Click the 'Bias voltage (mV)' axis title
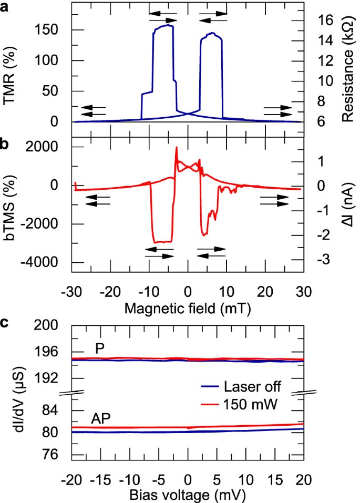(187, 495)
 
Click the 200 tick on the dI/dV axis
(55, 325)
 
